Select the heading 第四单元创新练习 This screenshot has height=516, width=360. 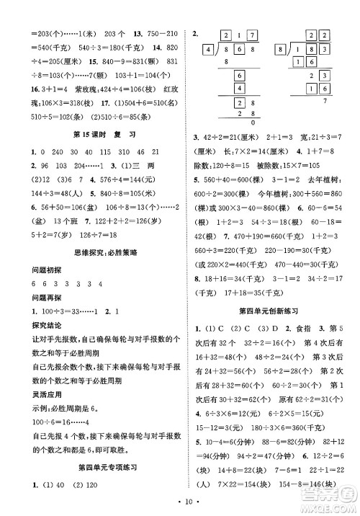[269, 310]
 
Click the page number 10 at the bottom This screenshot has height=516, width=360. [179, 500]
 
